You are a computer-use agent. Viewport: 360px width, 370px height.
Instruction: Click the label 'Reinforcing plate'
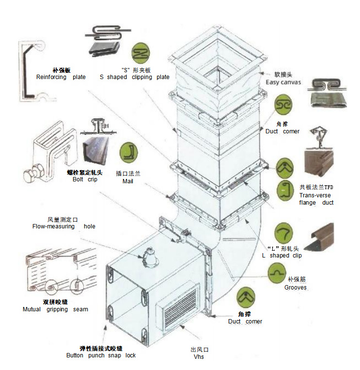61,77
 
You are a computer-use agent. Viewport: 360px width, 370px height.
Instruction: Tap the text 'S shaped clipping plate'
135,77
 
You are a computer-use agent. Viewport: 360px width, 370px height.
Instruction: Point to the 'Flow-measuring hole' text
63,226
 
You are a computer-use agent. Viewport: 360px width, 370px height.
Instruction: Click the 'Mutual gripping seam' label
55,309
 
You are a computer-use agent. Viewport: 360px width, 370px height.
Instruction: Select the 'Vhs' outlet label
199,357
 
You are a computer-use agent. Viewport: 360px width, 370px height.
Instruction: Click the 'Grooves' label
296,288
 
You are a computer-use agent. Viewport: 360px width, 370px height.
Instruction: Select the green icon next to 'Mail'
129,152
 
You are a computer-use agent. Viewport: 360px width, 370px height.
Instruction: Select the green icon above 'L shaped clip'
284,233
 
